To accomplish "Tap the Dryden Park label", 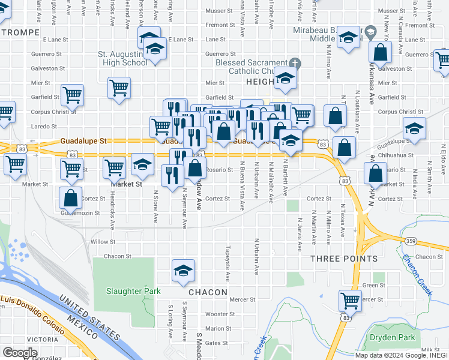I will tap(393, 337).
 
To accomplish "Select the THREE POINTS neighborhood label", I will tap(344, 259).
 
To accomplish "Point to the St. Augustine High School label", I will tap(122, 58).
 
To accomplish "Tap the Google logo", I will tap(20, 353).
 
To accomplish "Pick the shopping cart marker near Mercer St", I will tap(350, 299).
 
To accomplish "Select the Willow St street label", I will tap(103, 242).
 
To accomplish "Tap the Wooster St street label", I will tap(220, 314).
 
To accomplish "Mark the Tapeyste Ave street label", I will tap(228, 263).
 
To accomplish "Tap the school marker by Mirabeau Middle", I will tap(348, 37).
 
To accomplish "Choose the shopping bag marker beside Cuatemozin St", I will tap(71, 197).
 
